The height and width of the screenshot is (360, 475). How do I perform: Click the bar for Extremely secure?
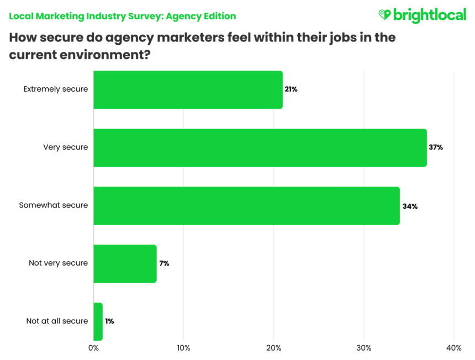pos(188,89)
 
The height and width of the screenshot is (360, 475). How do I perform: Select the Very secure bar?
pos(260,147)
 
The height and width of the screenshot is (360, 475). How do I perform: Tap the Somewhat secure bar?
pos(246,205)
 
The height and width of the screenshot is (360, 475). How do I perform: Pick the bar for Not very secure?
pos(125,263)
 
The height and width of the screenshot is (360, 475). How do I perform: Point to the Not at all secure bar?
pos(98,321)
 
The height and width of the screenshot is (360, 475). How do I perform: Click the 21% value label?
pos(291,89)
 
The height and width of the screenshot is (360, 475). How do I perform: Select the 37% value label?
pos(436,147)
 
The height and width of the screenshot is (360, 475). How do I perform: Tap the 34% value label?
pos(410,206)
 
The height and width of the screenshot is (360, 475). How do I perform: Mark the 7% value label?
pos(164,263)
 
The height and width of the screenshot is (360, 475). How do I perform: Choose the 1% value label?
pos(109,321)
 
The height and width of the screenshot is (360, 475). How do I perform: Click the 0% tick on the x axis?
pos(93,348)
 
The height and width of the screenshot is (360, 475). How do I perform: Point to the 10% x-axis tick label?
pos(183,348)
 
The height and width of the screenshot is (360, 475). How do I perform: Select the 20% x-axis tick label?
pos(273,348)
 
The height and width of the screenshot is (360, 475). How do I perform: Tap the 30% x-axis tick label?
pos(363,348)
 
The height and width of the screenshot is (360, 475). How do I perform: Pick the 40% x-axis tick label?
pos(453,348)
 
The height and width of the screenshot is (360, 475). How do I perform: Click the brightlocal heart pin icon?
pos(384,14)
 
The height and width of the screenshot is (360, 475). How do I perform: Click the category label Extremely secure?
pos(55,89)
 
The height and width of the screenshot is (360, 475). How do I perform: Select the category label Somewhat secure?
pos(53,205)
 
